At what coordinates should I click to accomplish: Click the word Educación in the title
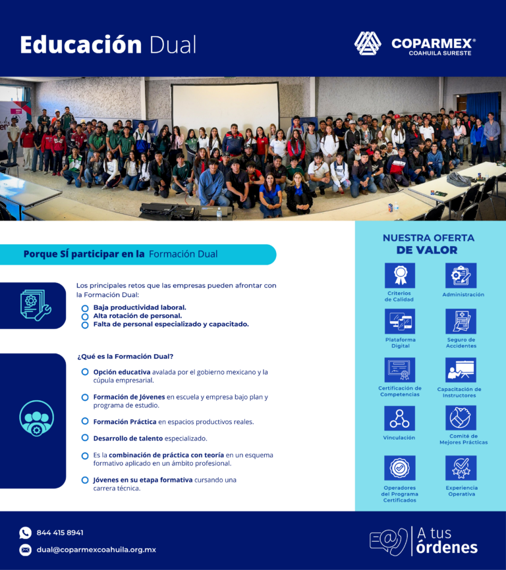click(81, 45)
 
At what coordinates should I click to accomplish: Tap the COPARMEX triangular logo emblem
click(368, 43)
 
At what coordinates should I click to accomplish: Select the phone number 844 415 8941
click(60, 532)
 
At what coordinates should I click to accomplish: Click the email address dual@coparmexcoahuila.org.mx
click(96, 550)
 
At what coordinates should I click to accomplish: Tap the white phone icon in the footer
click(25, 533)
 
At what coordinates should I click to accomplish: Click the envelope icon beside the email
click(25, 550)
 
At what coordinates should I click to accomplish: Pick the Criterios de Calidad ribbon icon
click(400, 275)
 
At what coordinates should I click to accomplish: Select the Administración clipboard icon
click(461, 275)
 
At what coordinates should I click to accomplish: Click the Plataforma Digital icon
click(400, 321)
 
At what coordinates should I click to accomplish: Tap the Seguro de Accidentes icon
click(461, 321)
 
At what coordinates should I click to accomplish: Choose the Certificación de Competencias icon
click(400, 370)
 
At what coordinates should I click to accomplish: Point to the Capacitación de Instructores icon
click(461, 370)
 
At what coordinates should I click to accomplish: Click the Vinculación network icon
click(400, 419)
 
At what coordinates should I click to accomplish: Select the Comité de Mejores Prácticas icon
click(461, 418)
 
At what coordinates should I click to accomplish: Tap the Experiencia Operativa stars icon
click(461, 468)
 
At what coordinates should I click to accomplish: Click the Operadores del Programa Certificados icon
click(400, 468)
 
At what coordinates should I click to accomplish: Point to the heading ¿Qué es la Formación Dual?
click(125, 356)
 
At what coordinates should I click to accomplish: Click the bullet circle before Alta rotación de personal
click(85, 317)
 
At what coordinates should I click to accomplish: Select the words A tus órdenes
click(447, 540)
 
